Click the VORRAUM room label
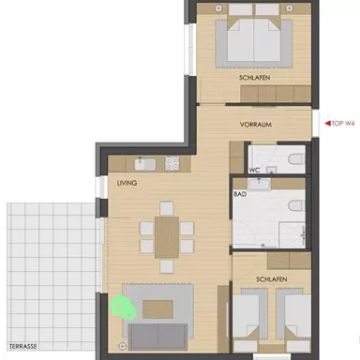tap(255, 123)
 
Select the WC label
tap(254, 170)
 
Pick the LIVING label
tap(127, 184)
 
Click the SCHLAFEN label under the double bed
tap(254, 79)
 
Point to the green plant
tap(121, 306)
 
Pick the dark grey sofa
tap(159, 335)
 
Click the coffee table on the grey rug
tap(158, 307)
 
